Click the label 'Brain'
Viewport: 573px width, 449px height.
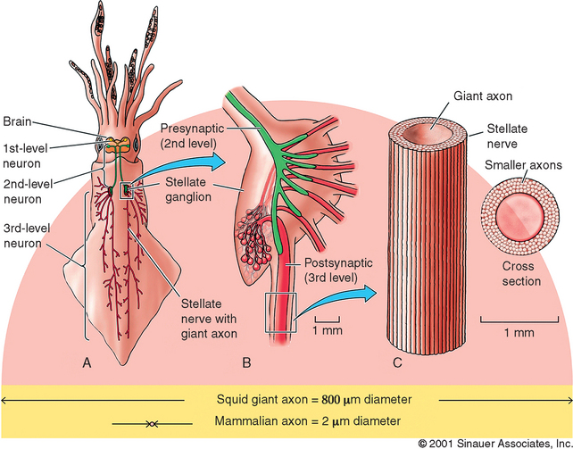18,121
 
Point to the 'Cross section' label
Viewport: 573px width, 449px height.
521,272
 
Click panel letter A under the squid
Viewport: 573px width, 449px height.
87,362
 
